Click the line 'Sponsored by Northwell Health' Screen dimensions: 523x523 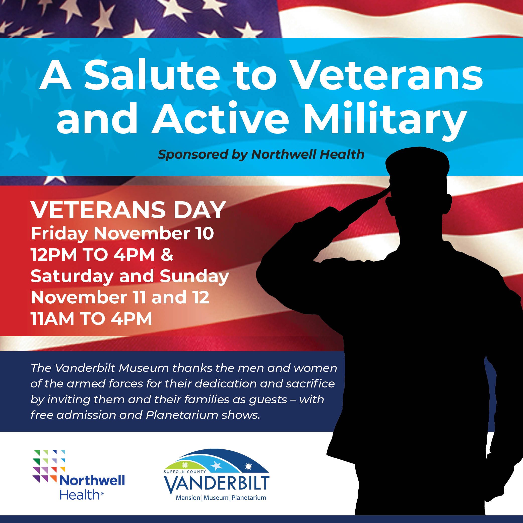(x=261, y=155)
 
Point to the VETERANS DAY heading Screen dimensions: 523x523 (x=128, y=210)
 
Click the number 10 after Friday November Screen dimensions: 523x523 (x=205, y=233)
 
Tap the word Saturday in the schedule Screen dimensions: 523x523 (x=72, y=277)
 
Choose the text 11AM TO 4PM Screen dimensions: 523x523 (x=91, y=318)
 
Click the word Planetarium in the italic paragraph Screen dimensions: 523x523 (x=182, y=415)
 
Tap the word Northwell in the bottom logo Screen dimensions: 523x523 (x=92, y=481)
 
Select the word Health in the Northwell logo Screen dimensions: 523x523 (x=80, y=495)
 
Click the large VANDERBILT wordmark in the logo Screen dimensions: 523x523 (x=217, y=485)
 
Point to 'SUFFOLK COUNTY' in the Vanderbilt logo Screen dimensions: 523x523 (x=185, y=471)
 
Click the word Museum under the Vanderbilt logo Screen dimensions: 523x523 (x=216, y=498)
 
